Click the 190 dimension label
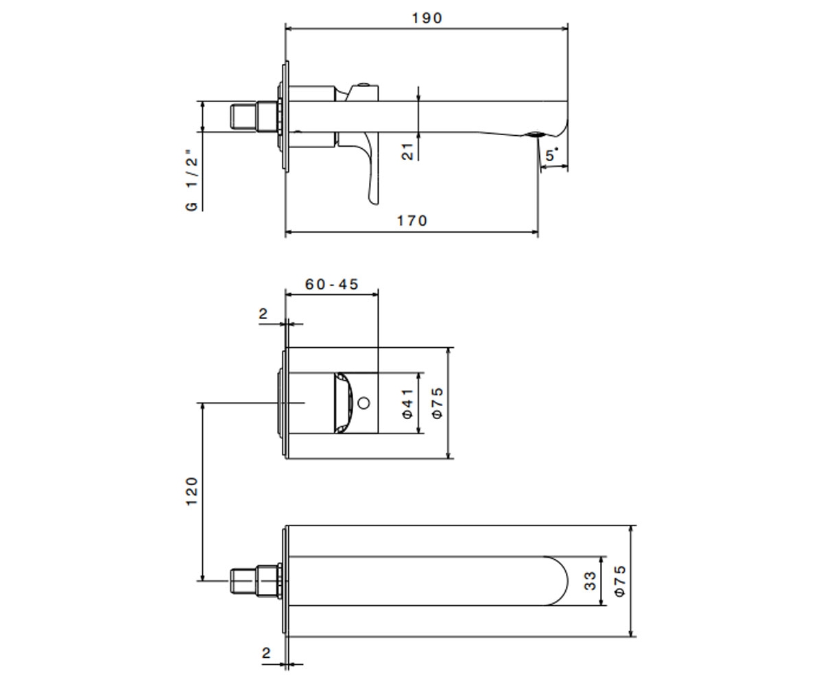(x=427, y=18)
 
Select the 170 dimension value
(x=412, y=221)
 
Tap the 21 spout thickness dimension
(x=408, y=152)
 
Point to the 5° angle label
(x=552, y=155)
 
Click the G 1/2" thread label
(x=191, y=180)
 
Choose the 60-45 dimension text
(x=331, y=284)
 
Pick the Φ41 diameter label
(x=408, y=403)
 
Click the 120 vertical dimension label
(x=191, y=491)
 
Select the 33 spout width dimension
(x=590, y=581)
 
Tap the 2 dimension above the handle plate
(x=263, y=314)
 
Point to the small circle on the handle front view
(x=363, y=403)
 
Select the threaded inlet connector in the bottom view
(x=254, y=581)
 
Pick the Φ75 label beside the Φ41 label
(x=438, y=403)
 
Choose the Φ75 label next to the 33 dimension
(x=620, y=581)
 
